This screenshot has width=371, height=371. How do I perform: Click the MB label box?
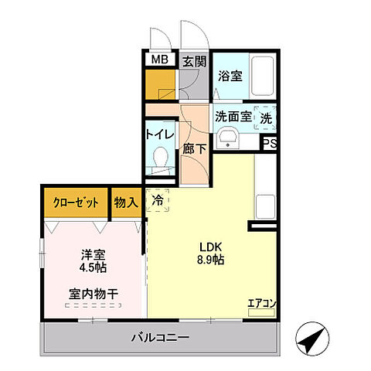coord(160,60)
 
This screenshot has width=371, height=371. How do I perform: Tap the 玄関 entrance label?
coord(194,60)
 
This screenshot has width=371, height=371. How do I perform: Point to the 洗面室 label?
coord(233,117)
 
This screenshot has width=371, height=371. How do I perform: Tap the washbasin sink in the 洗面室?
coord(227,138)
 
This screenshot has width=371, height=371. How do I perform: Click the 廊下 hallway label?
coord(194,149)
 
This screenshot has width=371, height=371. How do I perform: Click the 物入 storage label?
coord(127,203)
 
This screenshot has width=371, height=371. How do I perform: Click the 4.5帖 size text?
coord(92,267)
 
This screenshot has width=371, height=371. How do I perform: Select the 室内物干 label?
coord(92,294)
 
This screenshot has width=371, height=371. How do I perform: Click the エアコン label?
coord(260,303)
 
